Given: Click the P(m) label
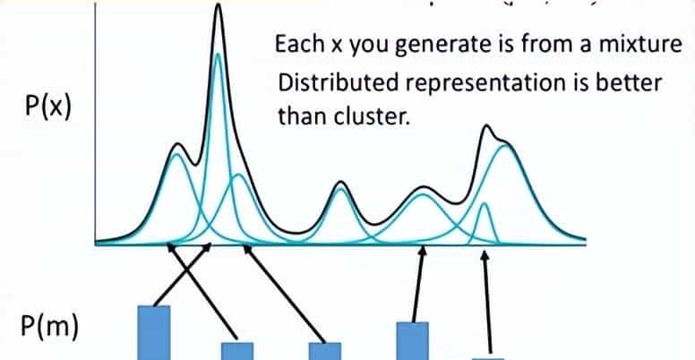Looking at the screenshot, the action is [49, 327].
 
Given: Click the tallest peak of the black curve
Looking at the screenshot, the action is [218, 4].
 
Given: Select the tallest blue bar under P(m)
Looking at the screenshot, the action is [154, 332].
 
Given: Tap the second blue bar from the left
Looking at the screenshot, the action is [237, 351].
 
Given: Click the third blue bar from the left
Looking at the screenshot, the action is [325, 351].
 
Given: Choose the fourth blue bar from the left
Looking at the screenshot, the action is [413, 341].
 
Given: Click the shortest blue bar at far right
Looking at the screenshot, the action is [488, 359].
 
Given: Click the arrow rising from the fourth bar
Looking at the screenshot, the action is [419, 284].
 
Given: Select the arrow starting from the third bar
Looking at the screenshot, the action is [284, 294].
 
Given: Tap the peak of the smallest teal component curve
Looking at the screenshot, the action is [485, 203].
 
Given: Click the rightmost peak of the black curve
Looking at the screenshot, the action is [486, 126].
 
